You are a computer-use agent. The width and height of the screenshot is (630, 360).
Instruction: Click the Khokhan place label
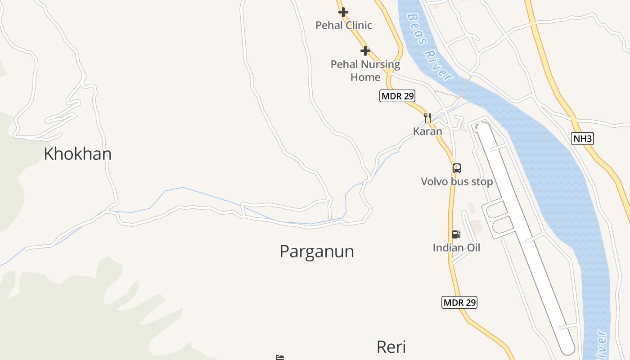pyautogui.click(x=77, y=154)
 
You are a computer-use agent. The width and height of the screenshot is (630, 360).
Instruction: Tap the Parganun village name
pyautogui.click(x=317, y=251)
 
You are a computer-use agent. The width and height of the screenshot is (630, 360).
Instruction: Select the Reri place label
pyautogui.click(x=391, y=347)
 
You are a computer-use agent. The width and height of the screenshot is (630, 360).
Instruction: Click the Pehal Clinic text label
pyautogui.click(x=344, y=25)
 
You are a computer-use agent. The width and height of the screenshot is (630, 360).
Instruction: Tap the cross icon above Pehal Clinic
pyautogui.click(x=343, y=12)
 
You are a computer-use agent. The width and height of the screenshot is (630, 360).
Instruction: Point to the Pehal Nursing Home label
pyautogui.click(x=365, y=71)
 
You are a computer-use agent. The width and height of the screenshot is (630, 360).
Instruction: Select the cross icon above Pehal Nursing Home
pyautogui.click(x=365, y=51)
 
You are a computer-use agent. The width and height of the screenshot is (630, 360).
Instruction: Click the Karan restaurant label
pyautogui.click(x=427, y=131)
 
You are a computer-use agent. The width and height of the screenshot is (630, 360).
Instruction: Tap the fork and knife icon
pyautogui.click(x=427, y=118)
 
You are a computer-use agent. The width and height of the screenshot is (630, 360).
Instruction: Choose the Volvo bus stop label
pyautogui.click(x=457, y=182)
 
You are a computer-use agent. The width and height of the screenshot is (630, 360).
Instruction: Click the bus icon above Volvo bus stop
pyautogui.click(x=457, y=168)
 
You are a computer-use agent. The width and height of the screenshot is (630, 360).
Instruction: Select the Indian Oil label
pyautogui.click(x=456, y=247)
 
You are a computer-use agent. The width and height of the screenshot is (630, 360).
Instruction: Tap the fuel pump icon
pyautogui.click(x=456, y=234)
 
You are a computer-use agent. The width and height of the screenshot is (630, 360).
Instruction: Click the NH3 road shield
pyautogui.click(x=583, y=139)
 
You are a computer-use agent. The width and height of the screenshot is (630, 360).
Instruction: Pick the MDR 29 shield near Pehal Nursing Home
pyautogui.click(x=397, y=96)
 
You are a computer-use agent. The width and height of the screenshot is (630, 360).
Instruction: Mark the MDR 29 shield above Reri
pyautogui.click(x=459, y=302)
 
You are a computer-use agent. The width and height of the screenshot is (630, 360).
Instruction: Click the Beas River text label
pyautogui.click(x=430, y=47)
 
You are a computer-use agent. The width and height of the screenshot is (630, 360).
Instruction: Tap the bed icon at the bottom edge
pyautogui.click(x=280, y=357)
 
